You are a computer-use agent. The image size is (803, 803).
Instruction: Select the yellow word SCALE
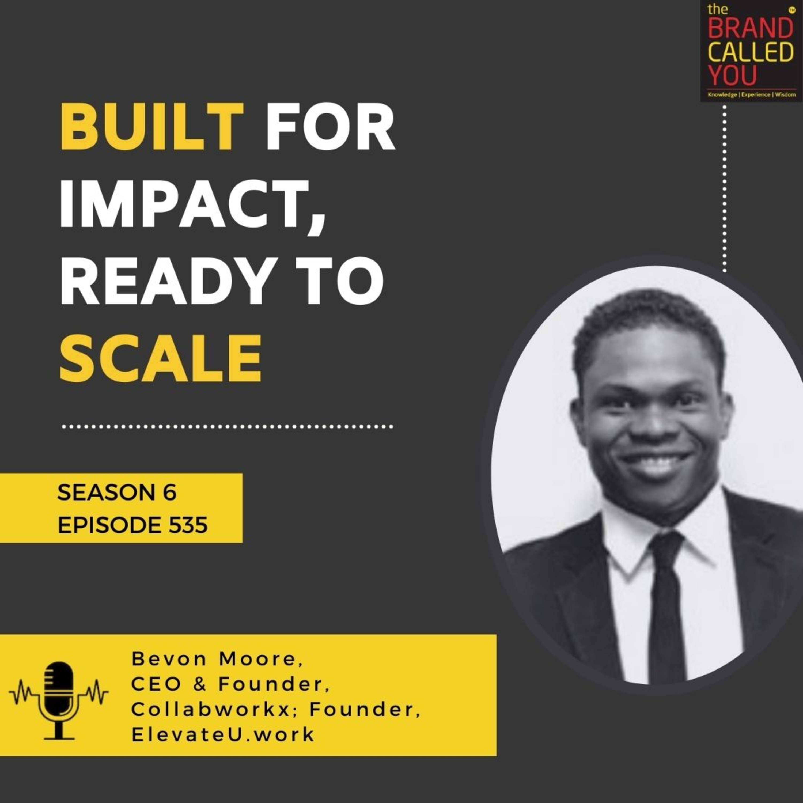coord(160,358)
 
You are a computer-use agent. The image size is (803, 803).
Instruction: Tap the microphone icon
coord(59,692)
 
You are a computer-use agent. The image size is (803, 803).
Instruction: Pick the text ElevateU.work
coord(223,734)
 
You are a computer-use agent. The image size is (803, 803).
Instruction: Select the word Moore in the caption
coord(260,659)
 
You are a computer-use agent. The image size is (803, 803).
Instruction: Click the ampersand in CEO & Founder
coord(200,684)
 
